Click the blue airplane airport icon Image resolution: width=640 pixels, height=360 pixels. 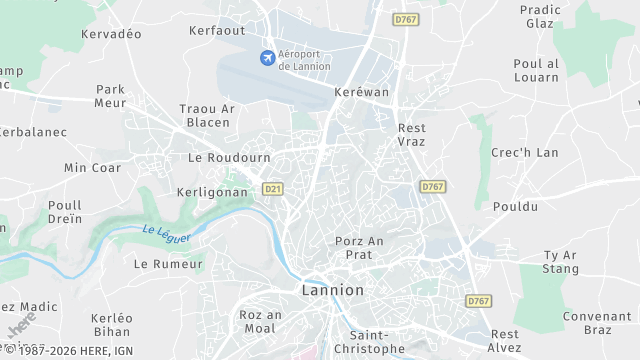[267, 57]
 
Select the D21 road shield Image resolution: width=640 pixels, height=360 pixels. [271, 189]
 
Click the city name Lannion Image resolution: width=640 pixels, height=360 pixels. [332, 290]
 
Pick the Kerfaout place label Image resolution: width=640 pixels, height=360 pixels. [217, 31]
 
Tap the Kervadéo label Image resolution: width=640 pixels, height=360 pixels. [111, 34]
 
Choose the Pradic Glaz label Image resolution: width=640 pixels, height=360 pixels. [539, 17]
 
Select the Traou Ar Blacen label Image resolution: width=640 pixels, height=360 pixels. [208, 115]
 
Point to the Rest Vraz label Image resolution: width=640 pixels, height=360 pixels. [411, 135]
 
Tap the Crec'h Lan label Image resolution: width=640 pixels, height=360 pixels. [525, 152]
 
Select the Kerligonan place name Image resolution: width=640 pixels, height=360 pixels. [210, 191]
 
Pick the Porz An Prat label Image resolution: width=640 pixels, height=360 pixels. [360, 247]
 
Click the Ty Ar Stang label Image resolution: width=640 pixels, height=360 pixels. [560, 262]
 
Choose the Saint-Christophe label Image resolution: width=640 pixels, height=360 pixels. [378, 342]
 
